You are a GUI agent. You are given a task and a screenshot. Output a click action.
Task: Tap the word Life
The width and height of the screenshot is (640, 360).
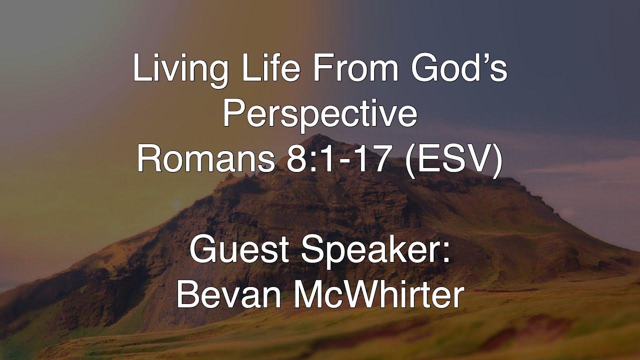coord(259,70)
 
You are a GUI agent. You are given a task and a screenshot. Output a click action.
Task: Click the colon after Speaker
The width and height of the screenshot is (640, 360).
coord(446,254)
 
